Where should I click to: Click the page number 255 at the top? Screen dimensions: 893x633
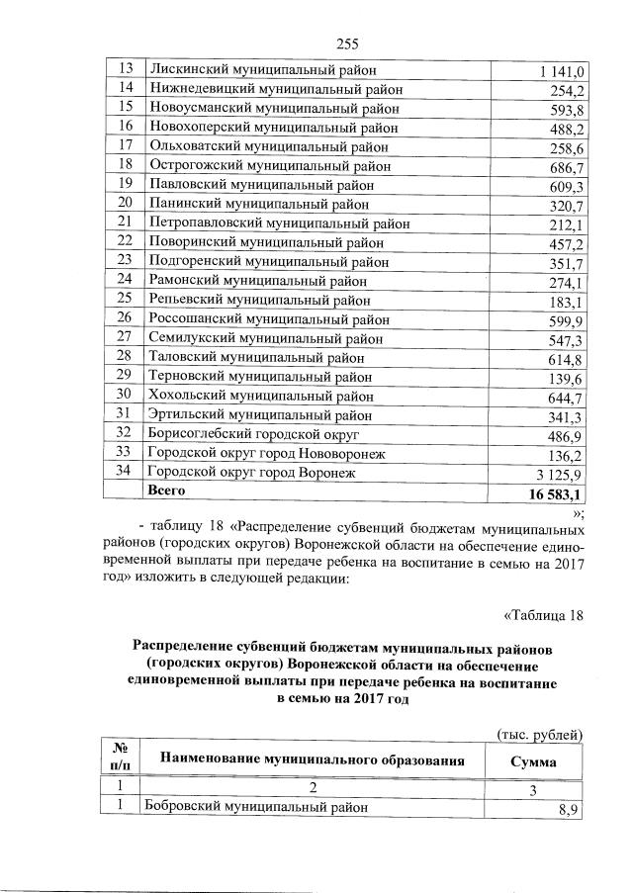[x=346, y=43]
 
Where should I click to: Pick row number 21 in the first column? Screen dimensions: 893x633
[x=125, y=223]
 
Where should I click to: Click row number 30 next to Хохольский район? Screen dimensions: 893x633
[x=125, y=395]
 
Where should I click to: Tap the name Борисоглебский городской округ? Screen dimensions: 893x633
[x=252, y=433]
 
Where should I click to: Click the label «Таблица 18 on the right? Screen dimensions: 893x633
[x=544, y=617]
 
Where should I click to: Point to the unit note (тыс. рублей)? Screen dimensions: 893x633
[x=539, y=733]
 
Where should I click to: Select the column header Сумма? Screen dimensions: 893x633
[x=532, y=762]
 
